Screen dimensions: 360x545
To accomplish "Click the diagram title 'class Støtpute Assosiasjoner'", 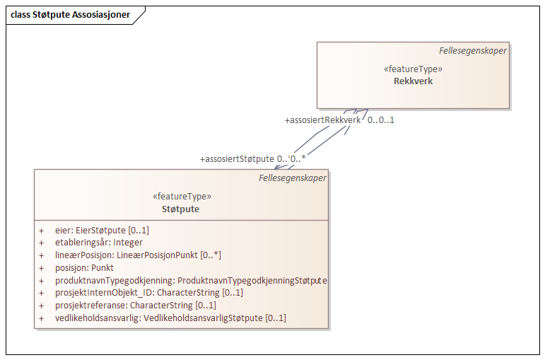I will (71, 15).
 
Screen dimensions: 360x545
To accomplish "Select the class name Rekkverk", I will (413, 81).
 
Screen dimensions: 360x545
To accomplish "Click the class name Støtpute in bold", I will (181, 209).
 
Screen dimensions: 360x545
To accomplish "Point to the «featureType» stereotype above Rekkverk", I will (413, 69).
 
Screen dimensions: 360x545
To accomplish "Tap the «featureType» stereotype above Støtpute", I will (181, 197).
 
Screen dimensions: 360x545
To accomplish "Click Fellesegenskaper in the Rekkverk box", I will (472, 50).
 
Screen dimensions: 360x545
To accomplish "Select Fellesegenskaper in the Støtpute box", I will (293, 178).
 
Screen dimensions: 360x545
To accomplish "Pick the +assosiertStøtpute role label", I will (237, 159).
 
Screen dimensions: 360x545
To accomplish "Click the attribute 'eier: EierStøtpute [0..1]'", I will (102, 231).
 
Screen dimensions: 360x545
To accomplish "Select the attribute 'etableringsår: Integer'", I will (99, 243).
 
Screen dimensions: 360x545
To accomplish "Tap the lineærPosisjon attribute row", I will (138, 255).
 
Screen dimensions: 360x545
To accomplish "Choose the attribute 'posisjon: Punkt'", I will (84, 268).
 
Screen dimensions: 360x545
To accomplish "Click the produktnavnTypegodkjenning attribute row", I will (191, 281).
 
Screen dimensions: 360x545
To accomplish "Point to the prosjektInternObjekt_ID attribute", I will (148, 293).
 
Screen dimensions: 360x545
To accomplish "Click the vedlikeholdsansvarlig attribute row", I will (170, 318).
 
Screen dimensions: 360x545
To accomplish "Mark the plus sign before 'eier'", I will (41, 231).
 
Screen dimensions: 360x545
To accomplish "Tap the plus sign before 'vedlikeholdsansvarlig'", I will (41, 318).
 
